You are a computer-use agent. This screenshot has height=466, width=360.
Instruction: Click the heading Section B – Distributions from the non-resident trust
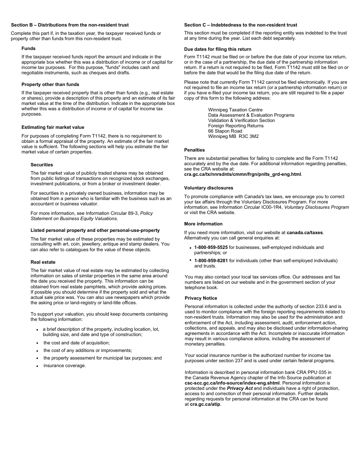[70, 25]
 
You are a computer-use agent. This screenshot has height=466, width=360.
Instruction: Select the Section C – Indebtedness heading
[241, 25]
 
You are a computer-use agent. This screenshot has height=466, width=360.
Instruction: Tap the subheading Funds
[28, 48]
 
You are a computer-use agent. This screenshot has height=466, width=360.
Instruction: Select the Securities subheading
[42, 165]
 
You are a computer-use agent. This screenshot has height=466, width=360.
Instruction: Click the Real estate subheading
[43, 262]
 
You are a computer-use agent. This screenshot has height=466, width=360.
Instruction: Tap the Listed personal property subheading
[95, 230]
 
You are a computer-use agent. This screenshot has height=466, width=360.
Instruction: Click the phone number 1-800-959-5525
[211, 247]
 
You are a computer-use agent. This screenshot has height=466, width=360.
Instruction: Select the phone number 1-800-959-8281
[211, 261]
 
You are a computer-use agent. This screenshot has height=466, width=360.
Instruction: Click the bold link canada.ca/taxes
[305, 233]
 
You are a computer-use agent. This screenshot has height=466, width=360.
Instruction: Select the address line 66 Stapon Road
[225, 131]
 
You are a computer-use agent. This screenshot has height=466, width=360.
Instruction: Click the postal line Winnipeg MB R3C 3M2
[233, 136]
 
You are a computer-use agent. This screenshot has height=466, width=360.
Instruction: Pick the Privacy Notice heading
[201, 298]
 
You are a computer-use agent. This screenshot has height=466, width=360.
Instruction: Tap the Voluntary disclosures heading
[208, 188]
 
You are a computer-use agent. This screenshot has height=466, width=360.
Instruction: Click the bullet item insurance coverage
[64, 366]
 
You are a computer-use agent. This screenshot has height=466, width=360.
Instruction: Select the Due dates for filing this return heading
[218, 49]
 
